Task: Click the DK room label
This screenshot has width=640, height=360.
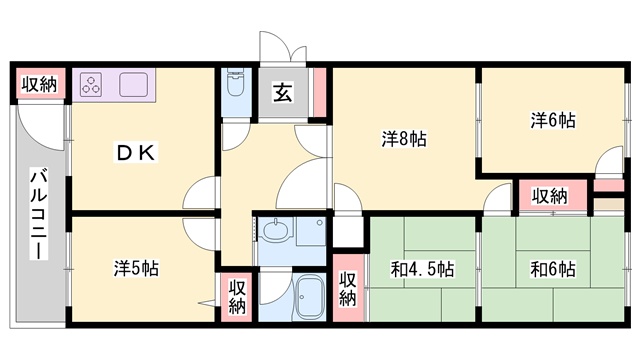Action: coord(136,153)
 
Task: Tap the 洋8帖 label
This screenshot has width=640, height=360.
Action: coord(404,139)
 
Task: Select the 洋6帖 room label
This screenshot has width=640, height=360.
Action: coord(553,120)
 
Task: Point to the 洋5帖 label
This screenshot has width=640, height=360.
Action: coord(136,268)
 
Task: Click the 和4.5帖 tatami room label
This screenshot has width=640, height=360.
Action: coord(422,269)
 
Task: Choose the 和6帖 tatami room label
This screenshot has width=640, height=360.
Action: coord(553,269)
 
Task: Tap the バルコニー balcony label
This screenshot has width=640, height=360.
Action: coord(40,215)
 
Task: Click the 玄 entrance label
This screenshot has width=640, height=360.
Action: coord(283,93)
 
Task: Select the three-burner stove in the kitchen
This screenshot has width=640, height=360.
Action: coord(91,85)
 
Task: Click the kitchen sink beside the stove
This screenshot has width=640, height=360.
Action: coord(133,85)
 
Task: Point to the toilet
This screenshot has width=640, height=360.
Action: coord(235,82)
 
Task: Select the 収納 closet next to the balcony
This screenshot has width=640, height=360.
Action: coord(40,84)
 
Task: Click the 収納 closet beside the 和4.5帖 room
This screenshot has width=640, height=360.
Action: coord(348,288)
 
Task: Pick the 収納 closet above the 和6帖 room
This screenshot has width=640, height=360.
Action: coord(549,196)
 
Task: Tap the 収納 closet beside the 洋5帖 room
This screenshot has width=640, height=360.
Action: coord(237,296)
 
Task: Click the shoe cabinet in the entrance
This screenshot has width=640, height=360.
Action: coord(320,93)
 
